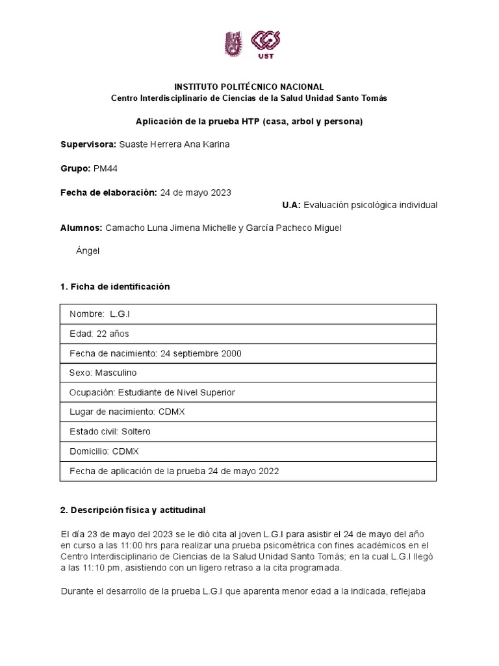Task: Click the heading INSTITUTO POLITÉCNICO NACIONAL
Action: [x=249, y=87]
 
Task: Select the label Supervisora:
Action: [x=88, y=144]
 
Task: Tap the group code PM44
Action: [x=105, y=168]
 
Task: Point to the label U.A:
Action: [x=290, y=205]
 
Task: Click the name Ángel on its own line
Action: [x=88, y=250]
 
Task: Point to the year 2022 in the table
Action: [x=268, y=471]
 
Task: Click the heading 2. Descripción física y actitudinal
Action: [x=133, y=509]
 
